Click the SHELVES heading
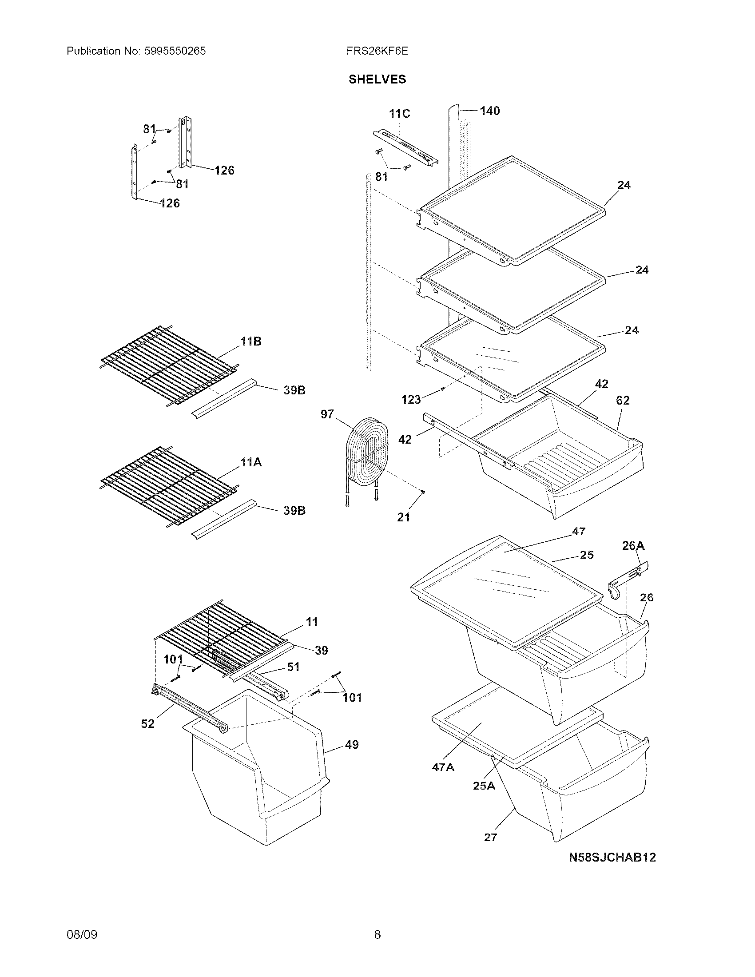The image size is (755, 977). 377,79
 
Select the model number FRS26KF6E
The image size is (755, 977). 377,51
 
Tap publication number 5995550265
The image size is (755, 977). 175,51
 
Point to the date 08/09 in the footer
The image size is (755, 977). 82,934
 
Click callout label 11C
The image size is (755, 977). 399,114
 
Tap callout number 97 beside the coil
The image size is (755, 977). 327,414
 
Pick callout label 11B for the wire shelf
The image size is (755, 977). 251,342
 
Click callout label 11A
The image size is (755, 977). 251,462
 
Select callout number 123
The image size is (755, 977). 411,400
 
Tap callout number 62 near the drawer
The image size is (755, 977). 623,401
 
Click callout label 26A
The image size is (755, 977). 633,545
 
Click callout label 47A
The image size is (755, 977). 443,767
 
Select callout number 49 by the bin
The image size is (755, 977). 352,745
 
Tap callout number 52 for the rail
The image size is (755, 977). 147,723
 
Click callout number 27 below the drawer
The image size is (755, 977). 490,838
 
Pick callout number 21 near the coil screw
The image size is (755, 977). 403,517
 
